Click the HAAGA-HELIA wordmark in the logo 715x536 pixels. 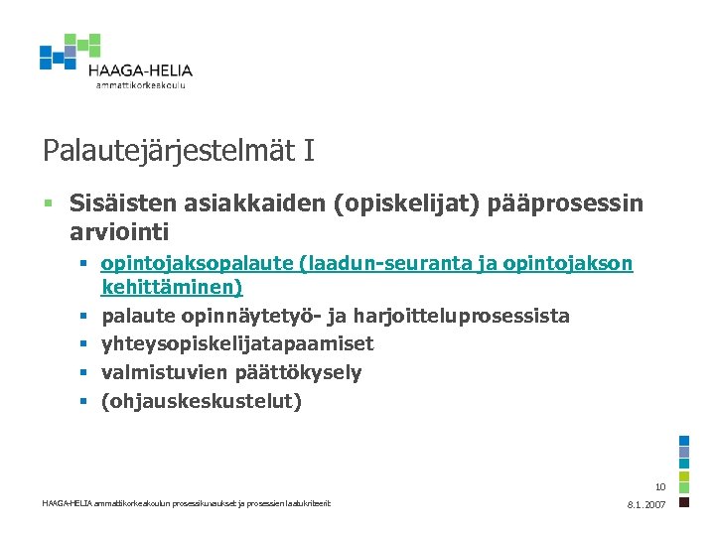pos(140,70)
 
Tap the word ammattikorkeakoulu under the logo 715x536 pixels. pos(140,85)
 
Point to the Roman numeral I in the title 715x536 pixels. pos(309,151)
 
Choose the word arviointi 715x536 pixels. pos(119,233)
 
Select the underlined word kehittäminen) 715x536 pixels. pos(172,288)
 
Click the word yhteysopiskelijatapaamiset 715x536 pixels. pos(237,344)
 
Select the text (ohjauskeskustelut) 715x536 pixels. pos(202,402)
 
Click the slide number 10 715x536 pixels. pos(660,487)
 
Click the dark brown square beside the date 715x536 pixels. pos(684,503)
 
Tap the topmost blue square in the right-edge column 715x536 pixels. pos(684,442)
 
